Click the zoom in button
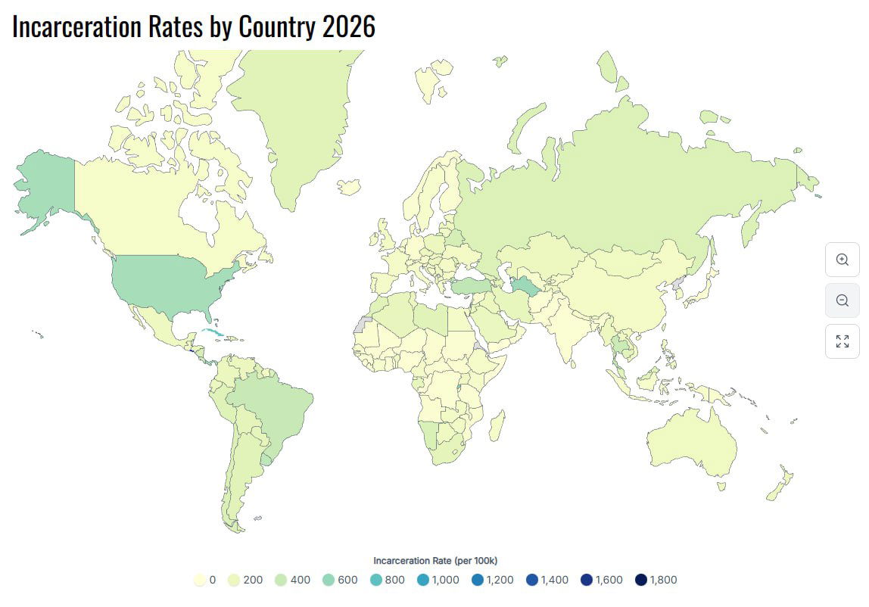pos(842,259)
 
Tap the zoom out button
pos(842,300)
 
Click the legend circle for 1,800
pos(641,580)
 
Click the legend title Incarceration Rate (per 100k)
pos(435,561)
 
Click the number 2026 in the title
pos(348,26)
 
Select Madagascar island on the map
pos(497,426)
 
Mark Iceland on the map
pos(349,186)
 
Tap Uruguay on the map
pos(266,459)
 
